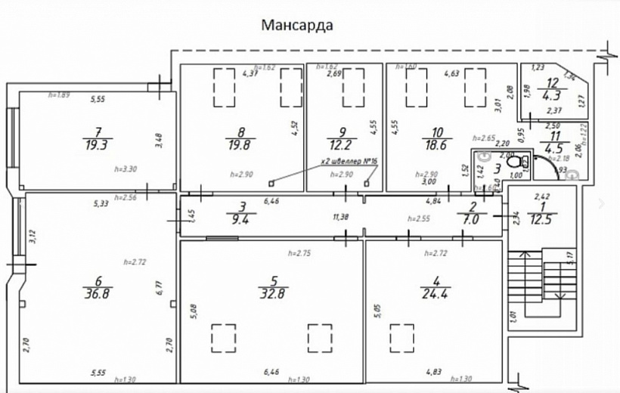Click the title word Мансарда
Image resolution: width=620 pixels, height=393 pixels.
[297, 24]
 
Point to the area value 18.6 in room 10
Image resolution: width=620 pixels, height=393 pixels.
[437, 145]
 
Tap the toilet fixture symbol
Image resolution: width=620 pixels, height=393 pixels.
[516, 161]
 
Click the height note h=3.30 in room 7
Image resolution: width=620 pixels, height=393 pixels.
[126, 170]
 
